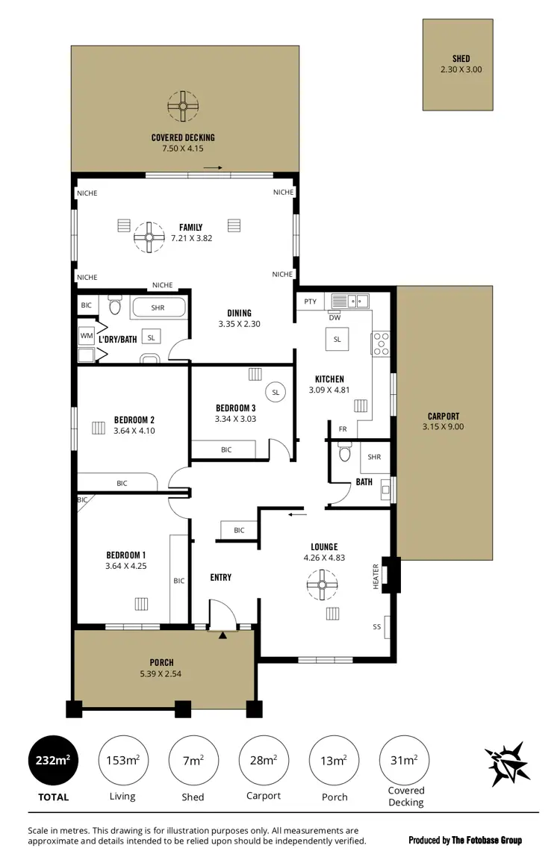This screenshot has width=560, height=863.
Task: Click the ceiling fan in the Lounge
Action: (323, 585)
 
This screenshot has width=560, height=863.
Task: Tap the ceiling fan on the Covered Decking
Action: (181, 106)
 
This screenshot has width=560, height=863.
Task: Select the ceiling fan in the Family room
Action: (149, 237)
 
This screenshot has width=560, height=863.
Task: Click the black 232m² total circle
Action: (53, 761)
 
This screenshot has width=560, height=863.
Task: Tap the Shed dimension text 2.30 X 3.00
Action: (461, 70)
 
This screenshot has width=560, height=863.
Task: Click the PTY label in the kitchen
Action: (311, 302)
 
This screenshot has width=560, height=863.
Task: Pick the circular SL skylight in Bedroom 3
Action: (276, 392)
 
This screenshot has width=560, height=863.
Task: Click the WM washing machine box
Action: (87, 337)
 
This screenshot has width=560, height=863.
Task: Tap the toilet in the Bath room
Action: (344, 453)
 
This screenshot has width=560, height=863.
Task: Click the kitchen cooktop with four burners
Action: (381, 343)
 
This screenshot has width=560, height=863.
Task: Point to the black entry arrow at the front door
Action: (223, 635)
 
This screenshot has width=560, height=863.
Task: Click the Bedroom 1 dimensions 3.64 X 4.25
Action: (125, 566)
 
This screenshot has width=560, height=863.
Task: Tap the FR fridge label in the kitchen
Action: (343, 429)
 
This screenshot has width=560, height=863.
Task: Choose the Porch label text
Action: (161, 663)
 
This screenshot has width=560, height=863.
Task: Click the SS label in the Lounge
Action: (377, 627)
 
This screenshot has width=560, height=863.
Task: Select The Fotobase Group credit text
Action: (465, 841)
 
